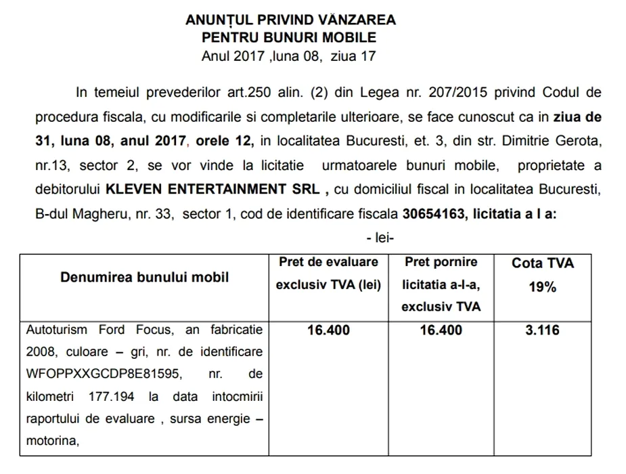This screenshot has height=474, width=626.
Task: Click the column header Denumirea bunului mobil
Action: [144, 277]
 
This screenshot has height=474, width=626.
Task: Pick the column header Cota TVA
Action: [542, 263]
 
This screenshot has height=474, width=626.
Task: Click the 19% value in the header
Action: [542, 287]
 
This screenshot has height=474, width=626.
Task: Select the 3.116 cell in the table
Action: [542, 330]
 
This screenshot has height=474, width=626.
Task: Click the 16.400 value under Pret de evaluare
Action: [328, 330]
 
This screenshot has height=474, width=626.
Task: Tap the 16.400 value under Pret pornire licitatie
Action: [441, 330]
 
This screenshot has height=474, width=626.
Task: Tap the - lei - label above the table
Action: [380, 238]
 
